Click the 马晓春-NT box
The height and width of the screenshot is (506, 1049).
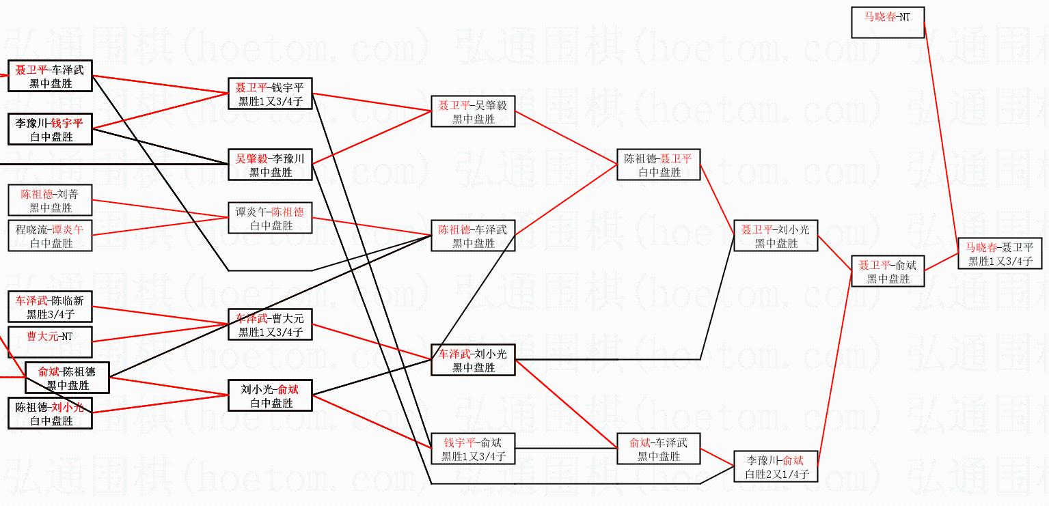(888, 22)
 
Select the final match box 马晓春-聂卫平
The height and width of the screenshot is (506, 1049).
(1000, 253)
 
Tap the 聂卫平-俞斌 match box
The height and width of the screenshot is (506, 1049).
(888, 271)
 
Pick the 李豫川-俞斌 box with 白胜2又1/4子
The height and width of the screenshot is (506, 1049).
(776, 466)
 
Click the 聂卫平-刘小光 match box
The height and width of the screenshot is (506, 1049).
(776, 236)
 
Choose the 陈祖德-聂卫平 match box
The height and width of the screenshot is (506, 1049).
(659, 165)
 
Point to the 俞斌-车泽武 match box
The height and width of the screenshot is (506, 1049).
(659, 449)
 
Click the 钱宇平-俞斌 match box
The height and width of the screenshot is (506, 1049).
(473, 449)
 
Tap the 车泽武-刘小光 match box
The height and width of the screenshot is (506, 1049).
(473, 360)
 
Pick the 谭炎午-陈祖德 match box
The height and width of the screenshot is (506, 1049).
(270, 218)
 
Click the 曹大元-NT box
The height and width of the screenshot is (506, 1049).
(50, 342)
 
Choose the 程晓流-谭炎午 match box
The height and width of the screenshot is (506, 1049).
(50, 236)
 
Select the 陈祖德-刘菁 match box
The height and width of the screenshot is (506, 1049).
(50, 200)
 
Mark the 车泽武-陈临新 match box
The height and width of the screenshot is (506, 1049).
(50, 307)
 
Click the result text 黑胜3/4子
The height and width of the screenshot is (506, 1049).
(50, 315)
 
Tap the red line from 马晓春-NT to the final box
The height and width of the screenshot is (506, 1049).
(941, 137)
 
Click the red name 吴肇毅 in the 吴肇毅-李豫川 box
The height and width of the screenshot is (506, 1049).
(251, 159)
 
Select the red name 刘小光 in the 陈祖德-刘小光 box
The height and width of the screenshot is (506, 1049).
(67, 408)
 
